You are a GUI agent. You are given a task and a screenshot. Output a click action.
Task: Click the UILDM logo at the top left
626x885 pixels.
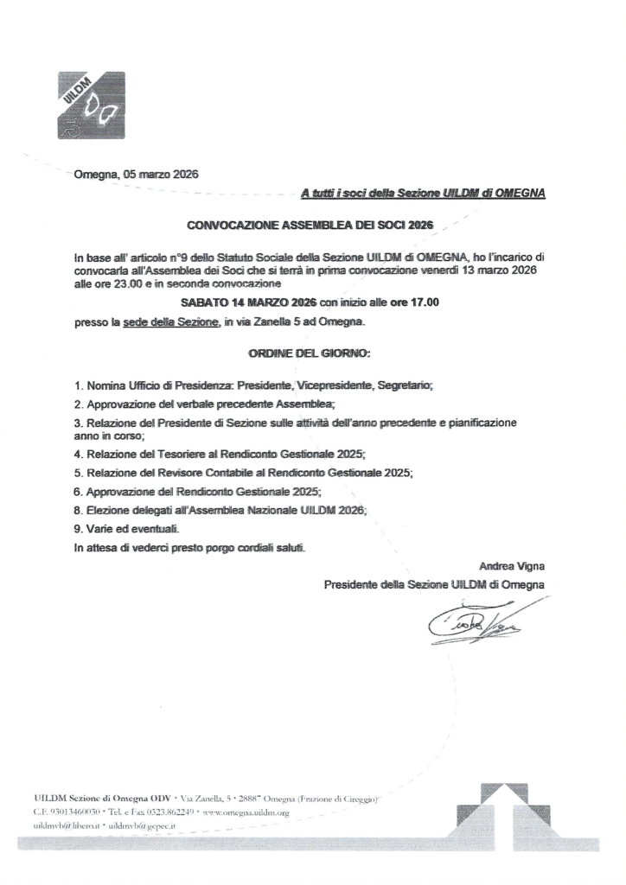coord(91,105)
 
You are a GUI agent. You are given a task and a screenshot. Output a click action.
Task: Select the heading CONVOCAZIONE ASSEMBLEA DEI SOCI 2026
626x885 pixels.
coord(310,226)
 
